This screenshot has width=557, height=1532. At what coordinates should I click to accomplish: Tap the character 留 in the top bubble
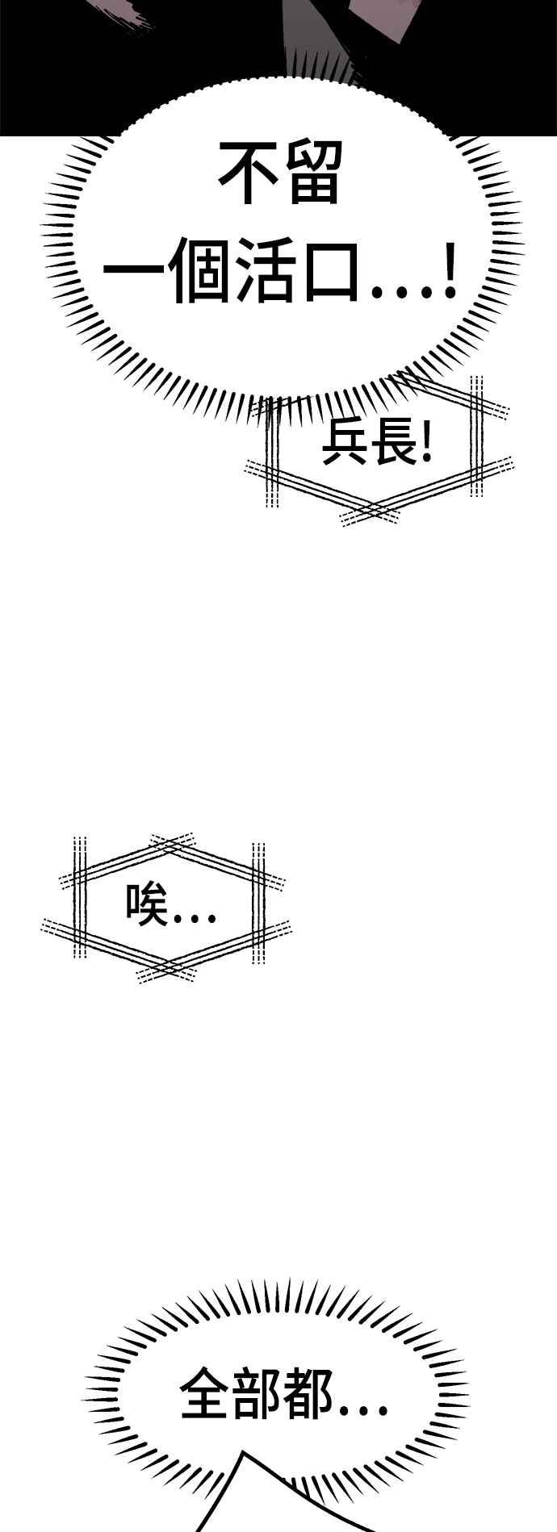(309, 175)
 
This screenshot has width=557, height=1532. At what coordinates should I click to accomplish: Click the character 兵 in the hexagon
(341, 445)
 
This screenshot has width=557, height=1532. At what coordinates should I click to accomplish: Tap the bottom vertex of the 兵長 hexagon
(371, 514)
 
